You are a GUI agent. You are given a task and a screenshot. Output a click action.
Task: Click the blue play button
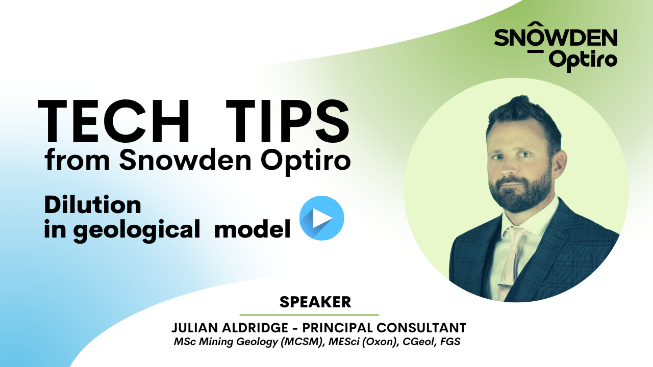321,218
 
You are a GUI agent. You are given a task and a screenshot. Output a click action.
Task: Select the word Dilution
93,205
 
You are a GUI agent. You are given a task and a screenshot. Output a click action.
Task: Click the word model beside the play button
253,230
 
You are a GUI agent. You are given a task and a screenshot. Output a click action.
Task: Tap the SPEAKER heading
315,302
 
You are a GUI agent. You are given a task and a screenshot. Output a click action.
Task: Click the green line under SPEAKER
309,315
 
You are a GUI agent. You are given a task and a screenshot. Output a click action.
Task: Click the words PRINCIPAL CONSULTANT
392,328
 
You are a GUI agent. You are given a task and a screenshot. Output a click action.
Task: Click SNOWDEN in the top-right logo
556,38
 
